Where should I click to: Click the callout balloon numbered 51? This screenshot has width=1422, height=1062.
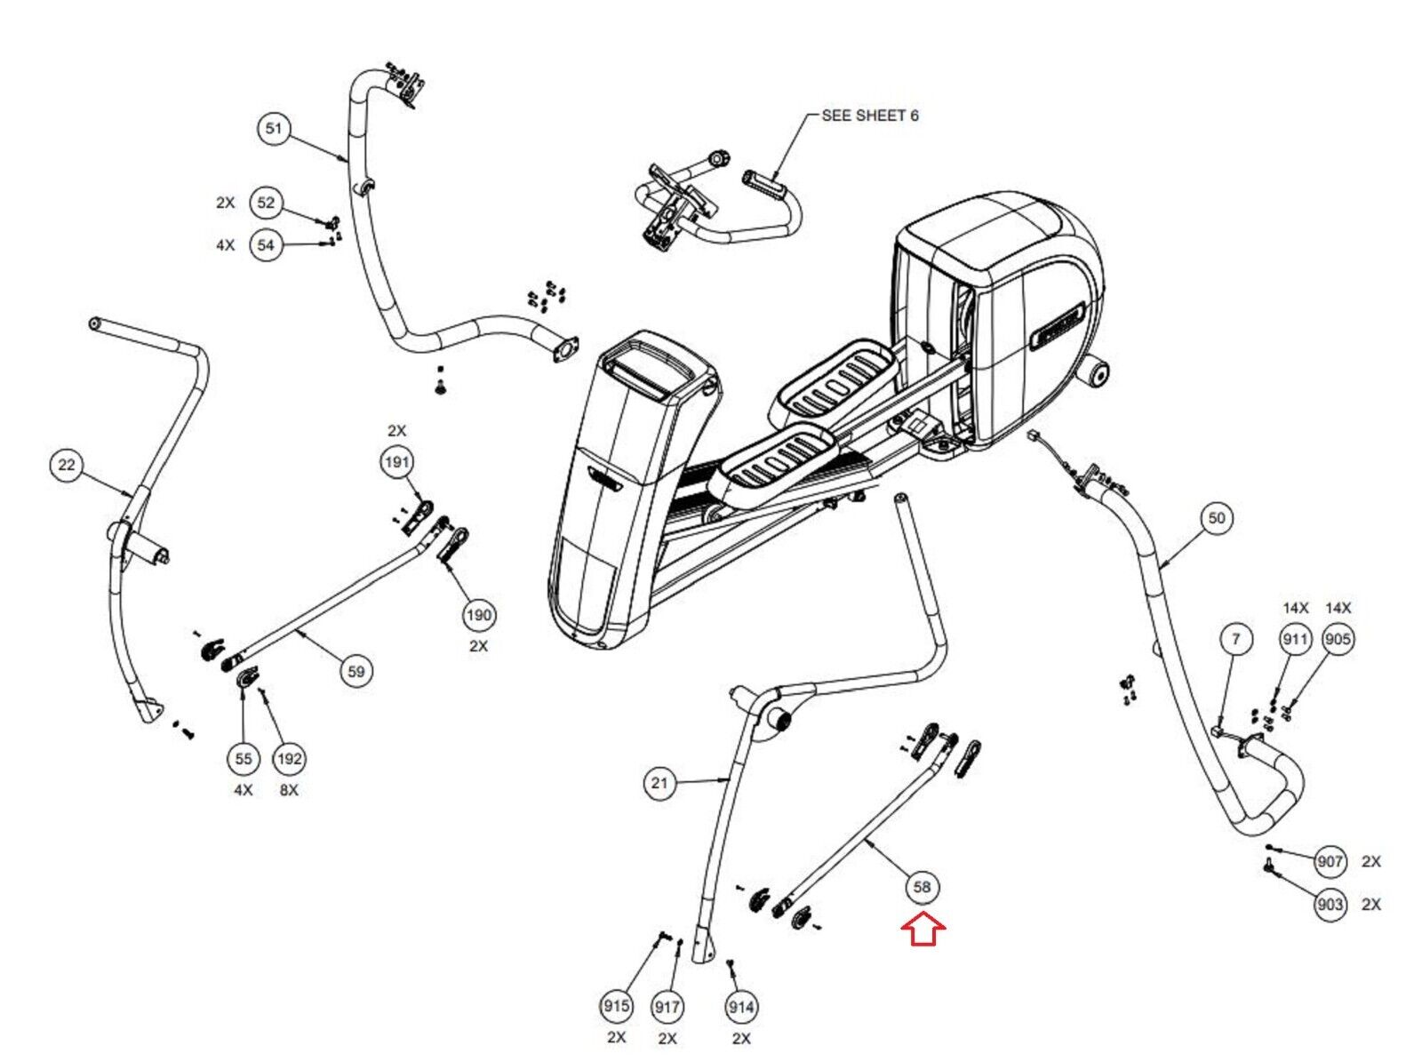(274, 129)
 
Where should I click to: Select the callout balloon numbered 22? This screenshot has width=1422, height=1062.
(67, 465)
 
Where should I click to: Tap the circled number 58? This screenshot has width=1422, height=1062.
(922, 887)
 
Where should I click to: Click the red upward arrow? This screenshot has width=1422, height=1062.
(923, 930)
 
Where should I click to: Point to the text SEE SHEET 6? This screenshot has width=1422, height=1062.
(869, 116)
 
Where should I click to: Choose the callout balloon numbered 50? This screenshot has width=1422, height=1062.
(1216, 518)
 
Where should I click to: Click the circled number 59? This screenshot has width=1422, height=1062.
(355, 671)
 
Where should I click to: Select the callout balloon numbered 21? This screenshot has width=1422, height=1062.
(659, 783)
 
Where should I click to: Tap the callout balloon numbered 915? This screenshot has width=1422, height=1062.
(616, 1006)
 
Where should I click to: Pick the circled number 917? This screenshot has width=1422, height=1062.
(667, 1007)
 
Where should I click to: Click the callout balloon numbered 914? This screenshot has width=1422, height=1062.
(741, 1007)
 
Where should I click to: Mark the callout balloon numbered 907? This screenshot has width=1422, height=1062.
(1330, 861)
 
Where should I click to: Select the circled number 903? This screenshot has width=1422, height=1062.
(1330, 905)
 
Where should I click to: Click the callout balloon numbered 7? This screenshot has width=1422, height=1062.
(1235, 639)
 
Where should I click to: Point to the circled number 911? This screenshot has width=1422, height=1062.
(1295, 639)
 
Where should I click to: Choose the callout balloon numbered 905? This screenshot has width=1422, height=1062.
(1338, 639)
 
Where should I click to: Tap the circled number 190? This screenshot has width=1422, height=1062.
(479, 615)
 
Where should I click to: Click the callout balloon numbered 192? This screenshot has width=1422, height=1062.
(290, 759)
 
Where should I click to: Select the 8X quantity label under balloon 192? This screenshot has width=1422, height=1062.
(289, 790)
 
